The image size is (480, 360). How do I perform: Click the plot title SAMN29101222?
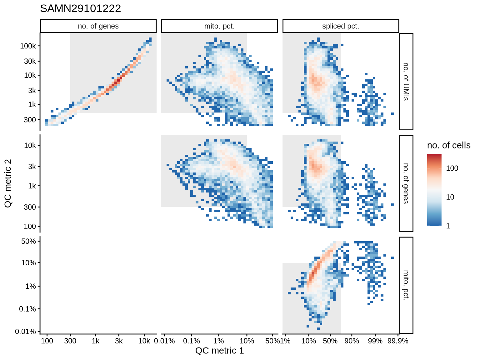point(80,8)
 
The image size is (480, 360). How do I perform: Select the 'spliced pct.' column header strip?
point(341,26)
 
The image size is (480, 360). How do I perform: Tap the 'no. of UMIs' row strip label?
point(406,82)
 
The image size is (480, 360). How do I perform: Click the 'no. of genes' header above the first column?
point(98,26)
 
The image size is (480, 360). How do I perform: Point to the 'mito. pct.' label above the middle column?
point(219,26)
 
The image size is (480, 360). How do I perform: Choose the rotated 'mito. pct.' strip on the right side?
point(406,285)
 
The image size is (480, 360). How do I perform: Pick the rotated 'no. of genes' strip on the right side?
point(406,183)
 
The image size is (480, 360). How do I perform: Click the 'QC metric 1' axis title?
point(219,351)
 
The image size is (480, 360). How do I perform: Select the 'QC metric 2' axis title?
point(8,183)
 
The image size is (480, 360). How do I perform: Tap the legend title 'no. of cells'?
point(448,145)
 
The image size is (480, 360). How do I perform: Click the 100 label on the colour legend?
point(452,168)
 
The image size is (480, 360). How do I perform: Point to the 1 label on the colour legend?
point(448,226)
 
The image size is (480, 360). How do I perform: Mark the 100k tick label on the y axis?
point(28,46)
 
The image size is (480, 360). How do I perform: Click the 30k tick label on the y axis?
point(30,61)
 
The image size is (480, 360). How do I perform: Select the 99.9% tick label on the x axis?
point(397,341)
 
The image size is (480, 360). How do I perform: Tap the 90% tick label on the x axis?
point(352,341)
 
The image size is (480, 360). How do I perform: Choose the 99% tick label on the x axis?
point(375,341)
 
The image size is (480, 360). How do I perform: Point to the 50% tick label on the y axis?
point(28,241)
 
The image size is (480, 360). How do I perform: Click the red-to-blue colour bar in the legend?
point(434,190)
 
